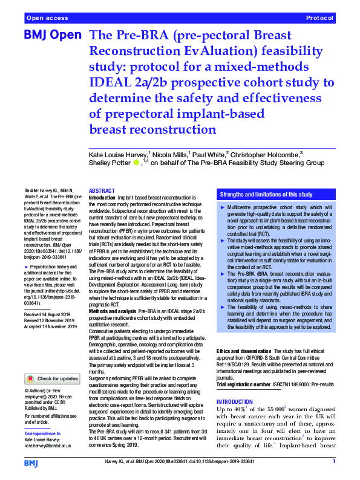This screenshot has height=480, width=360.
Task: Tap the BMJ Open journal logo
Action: point(52,36)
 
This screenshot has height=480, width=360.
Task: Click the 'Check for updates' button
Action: point(52,379)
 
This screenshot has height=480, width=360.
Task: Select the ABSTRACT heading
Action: point(101,191)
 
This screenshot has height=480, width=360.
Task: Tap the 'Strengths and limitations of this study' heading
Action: point(266,195)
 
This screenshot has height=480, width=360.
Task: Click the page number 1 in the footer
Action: point(333,461)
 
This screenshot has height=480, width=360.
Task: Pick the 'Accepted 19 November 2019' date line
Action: point(50,344)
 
